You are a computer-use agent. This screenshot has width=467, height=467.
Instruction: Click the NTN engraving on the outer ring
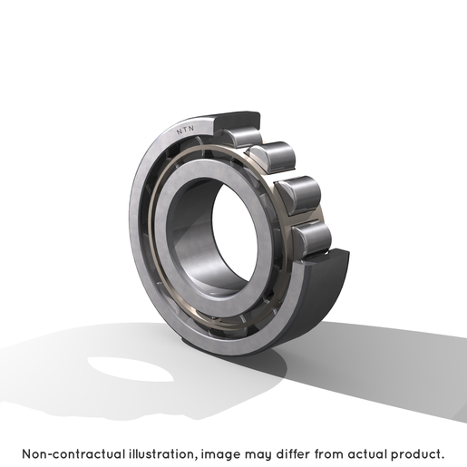click(x=185, y=131)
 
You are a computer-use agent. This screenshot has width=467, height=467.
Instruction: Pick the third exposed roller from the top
click(x=298, y=195)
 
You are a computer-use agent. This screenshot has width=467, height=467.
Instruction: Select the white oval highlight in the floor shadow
click(x=131, y=369)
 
